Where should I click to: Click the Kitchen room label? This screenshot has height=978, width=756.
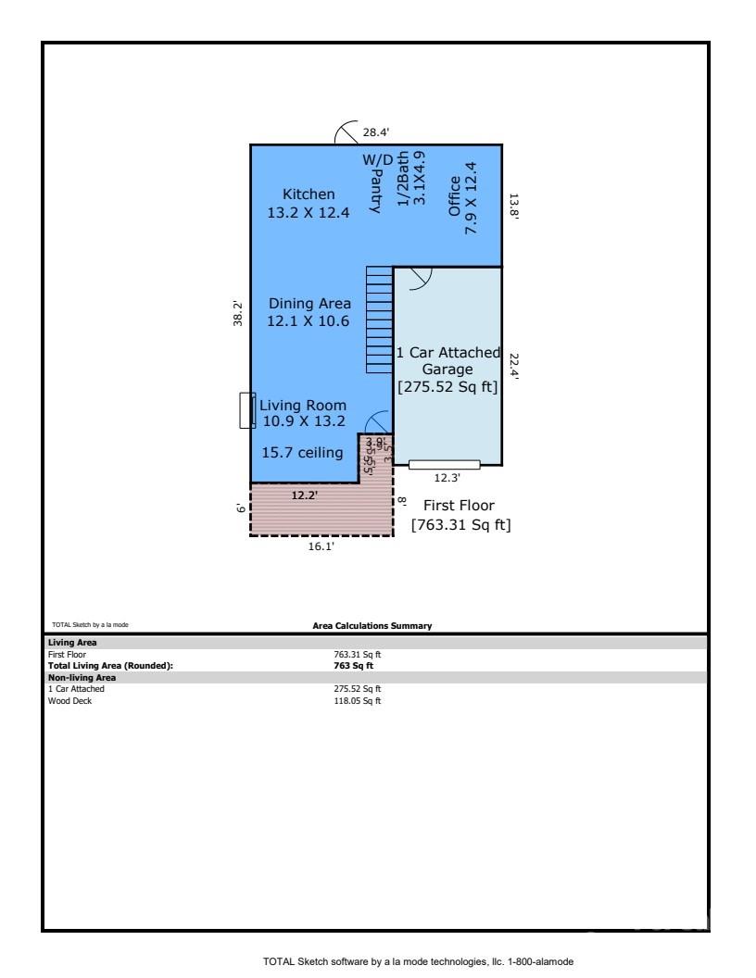point(309,194)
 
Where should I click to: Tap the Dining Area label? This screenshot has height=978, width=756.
point(309,304)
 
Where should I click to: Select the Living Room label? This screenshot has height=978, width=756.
point(303,406)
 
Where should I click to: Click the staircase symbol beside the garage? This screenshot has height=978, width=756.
point(379,320)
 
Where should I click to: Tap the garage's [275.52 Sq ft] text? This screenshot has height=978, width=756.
point(448,387)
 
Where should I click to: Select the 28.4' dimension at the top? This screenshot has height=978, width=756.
point(375,132)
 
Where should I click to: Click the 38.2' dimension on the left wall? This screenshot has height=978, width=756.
point(238,313)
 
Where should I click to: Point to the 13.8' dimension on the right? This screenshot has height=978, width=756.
point(514,206)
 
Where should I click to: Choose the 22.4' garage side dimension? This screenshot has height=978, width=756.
point(514,366)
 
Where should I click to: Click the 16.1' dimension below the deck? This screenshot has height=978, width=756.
point(321,547)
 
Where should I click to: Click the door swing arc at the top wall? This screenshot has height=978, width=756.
point(346,133)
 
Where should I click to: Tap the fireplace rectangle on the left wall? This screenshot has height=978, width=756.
point(246,410)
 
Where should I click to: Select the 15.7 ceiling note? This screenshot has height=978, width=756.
point(302,452)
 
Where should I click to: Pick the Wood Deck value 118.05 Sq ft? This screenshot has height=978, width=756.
point(358,701)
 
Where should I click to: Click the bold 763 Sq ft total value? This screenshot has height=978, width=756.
point(353,666)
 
